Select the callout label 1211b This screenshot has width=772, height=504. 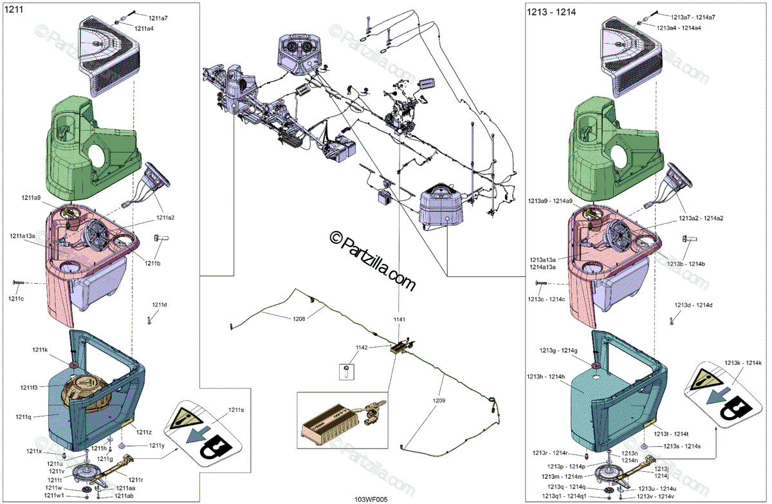152,263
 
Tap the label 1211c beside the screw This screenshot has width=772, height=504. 17,299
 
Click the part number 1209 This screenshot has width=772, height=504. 439,400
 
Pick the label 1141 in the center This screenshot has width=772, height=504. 400,319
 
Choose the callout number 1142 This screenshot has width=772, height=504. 362,348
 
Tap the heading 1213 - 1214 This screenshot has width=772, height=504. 551,12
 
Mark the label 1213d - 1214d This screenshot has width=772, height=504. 694,305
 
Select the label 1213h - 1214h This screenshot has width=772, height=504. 546,377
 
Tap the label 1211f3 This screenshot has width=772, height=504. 29,387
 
